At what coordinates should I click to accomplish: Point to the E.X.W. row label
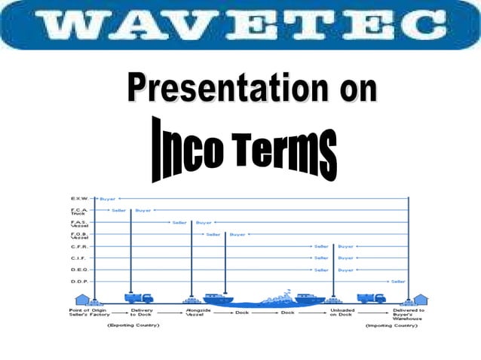(78, 198)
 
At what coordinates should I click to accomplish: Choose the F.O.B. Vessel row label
(79, 236)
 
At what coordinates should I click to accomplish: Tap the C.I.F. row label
(78, 258)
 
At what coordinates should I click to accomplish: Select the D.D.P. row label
(78, 282)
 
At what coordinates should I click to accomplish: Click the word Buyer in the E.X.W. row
(108, 198)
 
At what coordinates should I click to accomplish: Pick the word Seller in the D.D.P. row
(398, 282)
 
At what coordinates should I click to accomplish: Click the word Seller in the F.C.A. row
(118, 210)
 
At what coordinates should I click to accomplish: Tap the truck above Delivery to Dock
(139, 297)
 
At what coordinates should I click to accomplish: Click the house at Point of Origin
(82, 299)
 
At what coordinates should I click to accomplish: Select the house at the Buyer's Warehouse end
(420, 299)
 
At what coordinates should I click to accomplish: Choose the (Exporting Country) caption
(133, 326)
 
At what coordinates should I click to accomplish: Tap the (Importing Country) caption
(391, 326)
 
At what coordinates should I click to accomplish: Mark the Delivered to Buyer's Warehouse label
(408, 314)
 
